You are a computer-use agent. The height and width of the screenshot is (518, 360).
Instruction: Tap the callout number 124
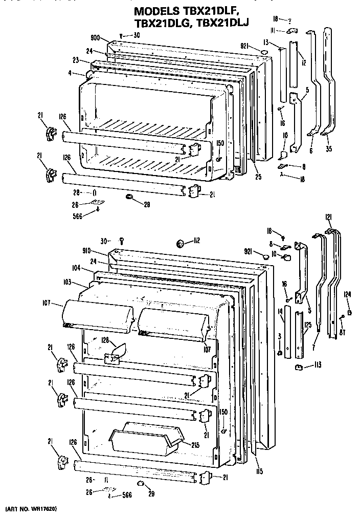[348, 294]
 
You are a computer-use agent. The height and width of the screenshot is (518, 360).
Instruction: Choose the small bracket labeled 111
[291, 31]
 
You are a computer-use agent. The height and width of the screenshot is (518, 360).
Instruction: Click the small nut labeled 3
[281, 352]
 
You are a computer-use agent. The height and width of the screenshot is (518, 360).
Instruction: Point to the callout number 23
[76, 60]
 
